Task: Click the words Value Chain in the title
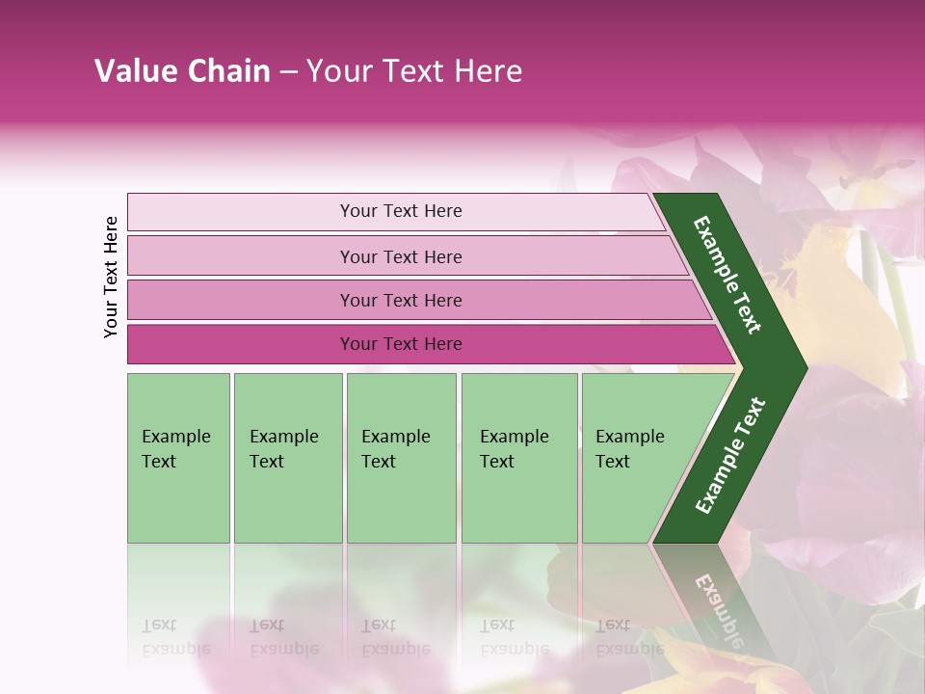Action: click(x=182, y=71)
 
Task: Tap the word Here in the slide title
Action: click(x=488, y=71)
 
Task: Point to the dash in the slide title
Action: click(x=288, y=71)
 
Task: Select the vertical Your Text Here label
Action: click(x=111, y=277)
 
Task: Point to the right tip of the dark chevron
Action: click(x=802, y=367)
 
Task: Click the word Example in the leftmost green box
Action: click(x=175, y=437)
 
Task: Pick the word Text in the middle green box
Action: click(x=379, y=462)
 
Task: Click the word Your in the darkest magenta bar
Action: click(x=358, y=344)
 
